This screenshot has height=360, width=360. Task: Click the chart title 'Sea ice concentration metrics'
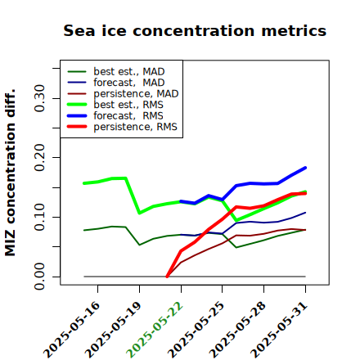(195, 30)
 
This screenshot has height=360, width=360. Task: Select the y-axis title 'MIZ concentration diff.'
(10, 173)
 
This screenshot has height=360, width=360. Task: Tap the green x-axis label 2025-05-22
(155, 330)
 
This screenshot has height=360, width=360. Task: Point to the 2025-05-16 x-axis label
(71, 330)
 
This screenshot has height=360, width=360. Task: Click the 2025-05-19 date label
(113, 330)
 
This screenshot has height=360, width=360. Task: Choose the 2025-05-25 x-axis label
(196, 330)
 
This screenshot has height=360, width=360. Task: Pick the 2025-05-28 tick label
(237, 330)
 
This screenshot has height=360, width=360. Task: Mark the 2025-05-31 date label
(279, 330)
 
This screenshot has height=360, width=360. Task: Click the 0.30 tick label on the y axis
(40, 98)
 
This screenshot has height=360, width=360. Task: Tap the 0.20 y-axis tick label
(40, 158)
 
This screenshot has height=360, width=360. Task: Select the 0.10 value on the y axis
(40, 217)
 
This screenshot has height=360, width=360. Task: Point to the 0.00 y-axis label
(40, 277)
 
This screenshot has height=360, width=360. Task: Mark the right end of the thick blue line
(305, 168)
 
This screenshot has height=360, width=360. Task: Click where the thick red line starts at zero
(167, 277)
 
